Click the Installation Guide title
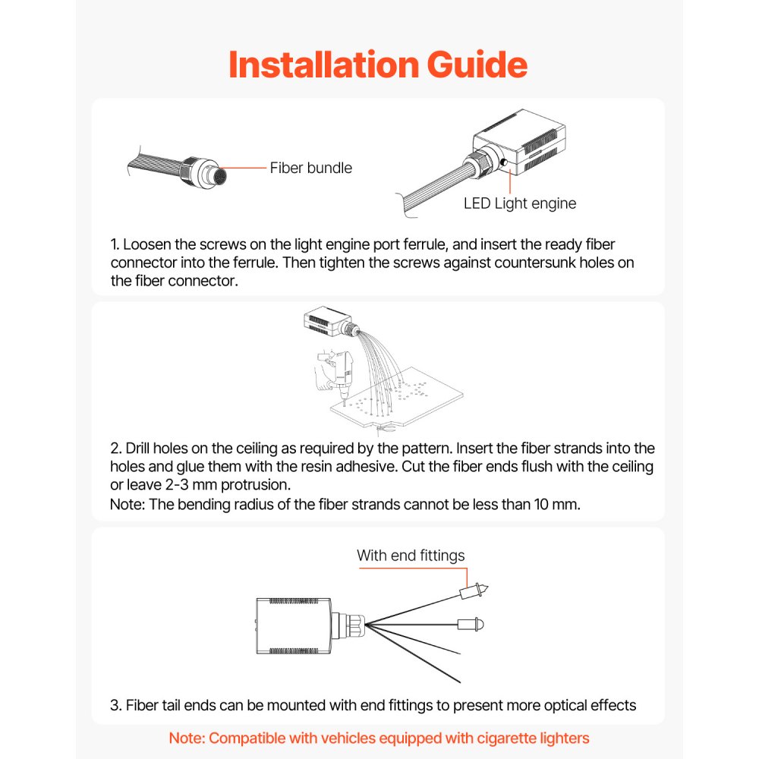click(x=378, y=65)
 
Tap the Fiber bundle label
click(x=310, y=168)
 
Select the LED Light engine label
click(x=520, y=203)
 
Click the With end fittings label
click(x=411, y=556)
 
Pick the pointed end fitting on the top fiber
click(x=474, y=589)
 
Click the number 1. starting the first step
click(x=115, y=245)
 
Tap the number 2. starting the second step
click(x=116, y=449)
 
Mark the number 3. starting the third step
click(x=116, y=706)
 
